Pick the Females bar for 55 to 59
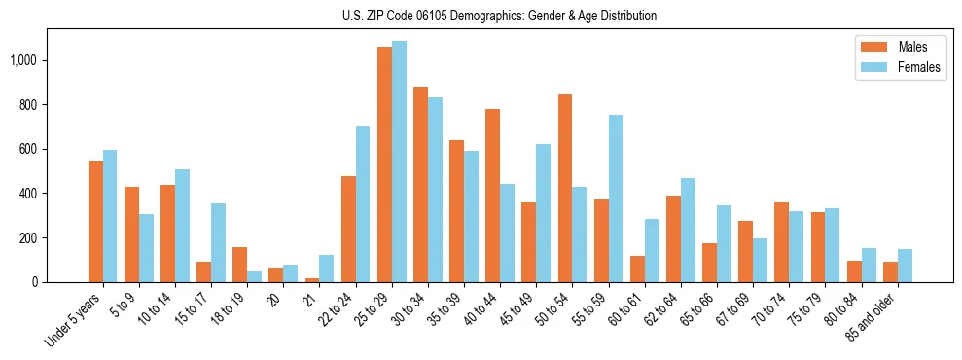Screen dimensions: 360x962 [x=616, y=198]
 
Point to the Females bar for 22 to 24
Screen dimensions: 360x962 [x=363, y=204]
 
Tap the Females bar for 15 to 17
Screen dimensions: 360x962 [x=218, y=242]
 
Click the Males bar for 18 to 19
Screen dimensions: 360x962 [x=239, y=265]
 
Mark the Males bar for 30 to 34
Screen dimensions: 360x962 [x=420, y=184]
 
